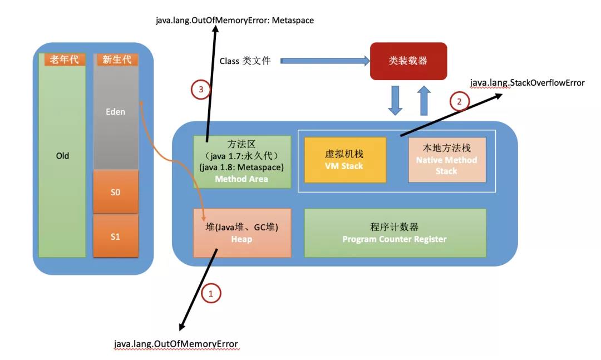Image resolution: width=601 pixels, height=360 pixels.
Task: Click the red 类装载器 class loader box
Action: click(408, 61)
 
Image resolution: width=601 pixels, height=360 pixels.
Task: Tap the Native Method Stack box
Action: click(446, 159)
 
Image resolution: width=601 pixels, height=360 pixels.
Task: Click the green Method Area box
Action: click(242, 162)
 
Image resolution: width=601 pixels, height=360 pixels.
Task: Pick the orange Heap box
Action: click(242, 233)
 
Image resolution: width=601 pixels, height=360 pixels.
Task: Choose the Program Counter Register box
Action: click(395, 233)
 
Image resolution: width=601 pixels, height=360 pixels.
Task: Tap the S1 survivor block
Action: click(115, 236)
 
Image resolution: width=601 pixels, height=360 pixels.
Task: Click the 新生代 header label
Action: click(116, 60)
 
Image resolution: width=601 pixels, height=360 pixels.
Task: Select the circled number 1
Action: click(210, 293)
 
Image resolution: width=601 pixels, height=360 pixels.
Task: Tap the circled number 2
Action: click(459, 101)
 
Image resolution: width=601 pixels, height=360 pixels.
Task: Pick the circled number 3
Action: click(201, 89)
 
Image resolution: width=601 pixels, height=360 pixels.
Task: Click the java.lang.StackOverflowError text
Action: click(527, 83)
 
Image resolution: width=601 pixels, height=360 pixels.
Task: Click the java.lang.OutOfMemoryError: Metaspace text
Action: click(234, 21)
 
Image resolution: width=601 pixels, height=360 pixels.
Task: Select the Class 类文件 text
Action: click(245, 61)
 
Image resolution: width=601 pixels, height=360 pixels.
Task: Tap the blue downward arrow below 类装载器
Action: click(395, 100)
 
